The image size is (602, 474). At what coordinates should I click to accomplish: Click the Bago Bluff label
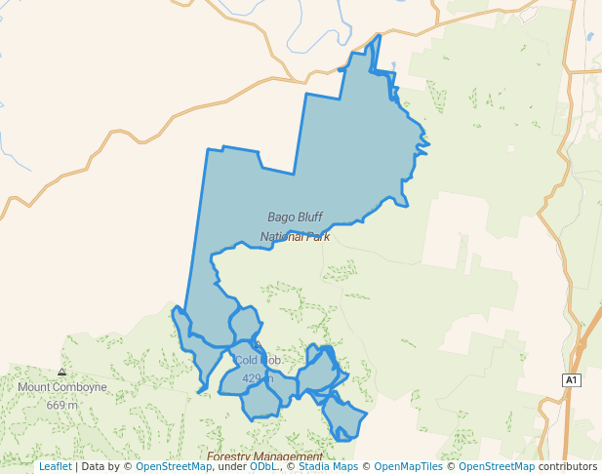[295, 217]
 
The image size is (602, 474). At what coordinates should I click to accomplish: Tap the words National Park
[295, 236]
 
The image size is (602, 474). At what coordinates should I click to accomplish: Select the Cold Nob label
[258, 361]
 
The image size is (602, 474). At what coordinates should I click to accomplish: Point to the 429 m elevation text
[257, 378]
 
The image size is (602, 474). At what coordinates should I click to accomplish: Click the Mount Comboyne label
[62, 387]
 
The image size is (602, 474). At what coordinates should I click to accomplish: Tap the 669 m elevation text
[62, 405]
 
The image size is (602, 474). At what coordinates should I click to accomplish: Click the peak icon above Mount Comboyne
[62, 373]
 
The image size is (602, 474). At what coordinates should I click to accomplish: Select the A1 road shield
[572, 379]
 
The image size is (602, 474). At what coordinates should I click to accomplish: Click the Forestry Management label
[264, 456]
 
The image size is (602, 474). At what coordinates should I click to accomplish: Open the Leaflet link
[55, 466]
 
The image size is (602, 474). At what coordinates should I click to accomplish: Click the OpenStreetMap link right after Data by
[174, 466]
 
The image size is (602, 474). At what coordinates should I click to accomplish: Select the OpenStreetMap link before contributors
[497, 466]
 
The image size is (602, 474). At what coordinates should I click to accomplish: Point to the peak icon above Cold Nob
[257, 346]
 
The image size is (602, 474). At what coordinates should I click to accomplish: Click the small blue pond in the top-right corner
[590, 37]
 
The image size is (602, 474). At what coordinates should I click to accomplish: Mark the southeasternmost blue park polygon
[343, 419]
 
